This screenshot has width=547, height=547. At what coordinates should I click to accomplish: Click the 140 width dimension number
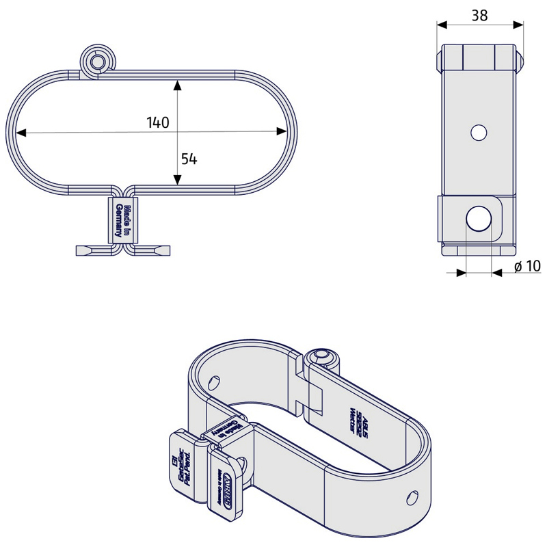tap(158, 122)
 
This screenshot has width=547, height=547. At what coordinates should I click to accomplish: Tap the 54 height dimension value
tap(189, 159)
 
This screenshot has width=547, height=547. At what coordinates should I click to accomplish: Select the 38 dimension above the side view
tap(480, 15)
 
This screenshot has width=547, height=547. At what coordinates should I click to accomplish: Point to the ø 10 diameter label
tap(527, 266)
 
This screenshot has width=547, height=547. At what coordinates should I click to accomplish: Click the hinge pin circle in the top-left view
tap(96, 62)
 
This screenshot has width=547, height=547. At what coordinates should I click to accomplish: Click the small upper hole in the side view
tap(479, 131)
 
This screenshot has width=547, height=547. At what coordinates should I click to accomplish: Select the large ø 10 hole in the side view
tap(479, 219)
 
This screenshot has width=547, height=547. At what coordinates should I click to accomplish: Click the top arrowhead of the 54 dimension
tap(178, 85)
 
